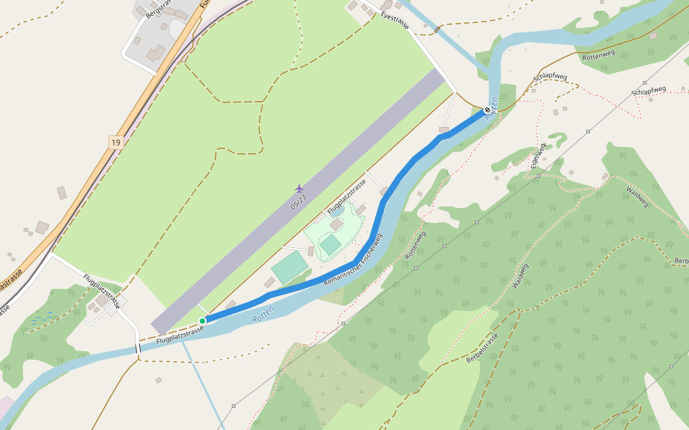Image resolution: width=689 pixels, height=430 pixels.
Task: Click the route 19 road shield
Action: click(116, 143)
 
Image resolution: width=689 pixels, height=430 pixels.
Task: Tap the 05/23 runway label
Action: click(299, 202)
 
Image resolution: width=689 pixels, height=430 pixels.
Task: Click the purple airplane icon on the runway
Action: click(299, 188)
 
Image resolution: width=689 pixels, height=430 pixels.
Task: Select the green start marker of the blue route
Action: click(202, 320)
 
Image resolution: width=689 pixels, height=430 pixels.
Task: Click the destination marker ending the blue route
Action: click(487, 110)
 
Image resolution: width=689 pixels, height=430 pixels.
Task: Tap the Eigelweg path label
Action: click(537, 156)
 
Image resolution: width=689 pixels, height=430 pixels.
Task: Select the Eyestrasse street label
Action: click(395, 20)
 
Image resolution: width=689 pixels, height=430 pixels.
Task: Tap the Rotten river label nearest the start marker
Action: click(263, 313)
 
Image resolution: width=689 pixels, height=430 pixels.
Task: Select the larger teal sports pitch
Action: click(290, 267)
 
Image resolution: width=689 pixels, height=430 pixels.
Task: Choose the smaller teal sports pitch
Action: click(330, 245)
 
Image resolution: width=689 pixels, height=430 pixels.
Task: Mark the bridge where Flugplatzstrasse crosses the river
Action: click(136, 349)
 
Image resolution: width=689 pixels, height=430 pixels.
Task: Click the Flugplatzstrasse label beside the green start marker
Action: click(179, 334)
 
